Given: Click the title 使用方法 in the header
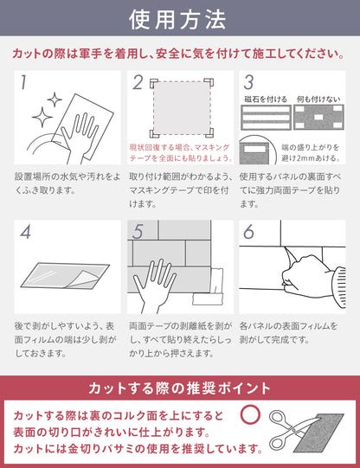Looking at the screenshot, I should pos(179,18).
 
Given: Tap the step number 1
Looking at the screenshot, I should pos(23,83).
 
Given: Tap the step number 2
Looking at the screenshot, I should pos(137,83).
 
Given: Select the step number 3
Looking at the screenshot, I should pos(248,83).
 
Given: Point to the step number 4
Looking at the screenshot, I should pos(24,232).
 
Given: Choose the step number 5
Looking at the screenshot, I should pos(137,232).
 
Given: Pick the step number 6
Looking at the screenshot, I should pos(248,232).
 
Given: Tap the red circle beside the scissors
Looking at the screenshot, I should pos(251,414).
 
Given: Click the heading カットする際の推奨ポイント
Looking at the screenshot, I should pos(179,387).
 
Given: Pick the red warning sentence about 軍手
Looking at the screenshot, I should pos(179,54).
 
